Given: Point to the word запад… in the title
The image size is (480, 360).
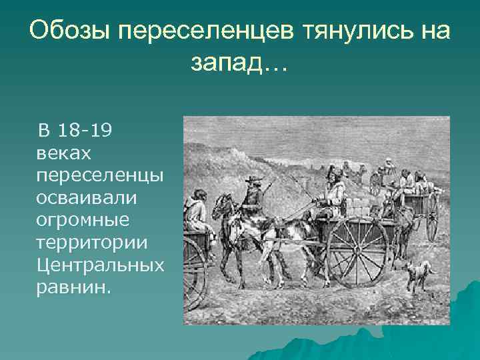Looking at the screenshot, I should pyautogui.click(x=238, y=63).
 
